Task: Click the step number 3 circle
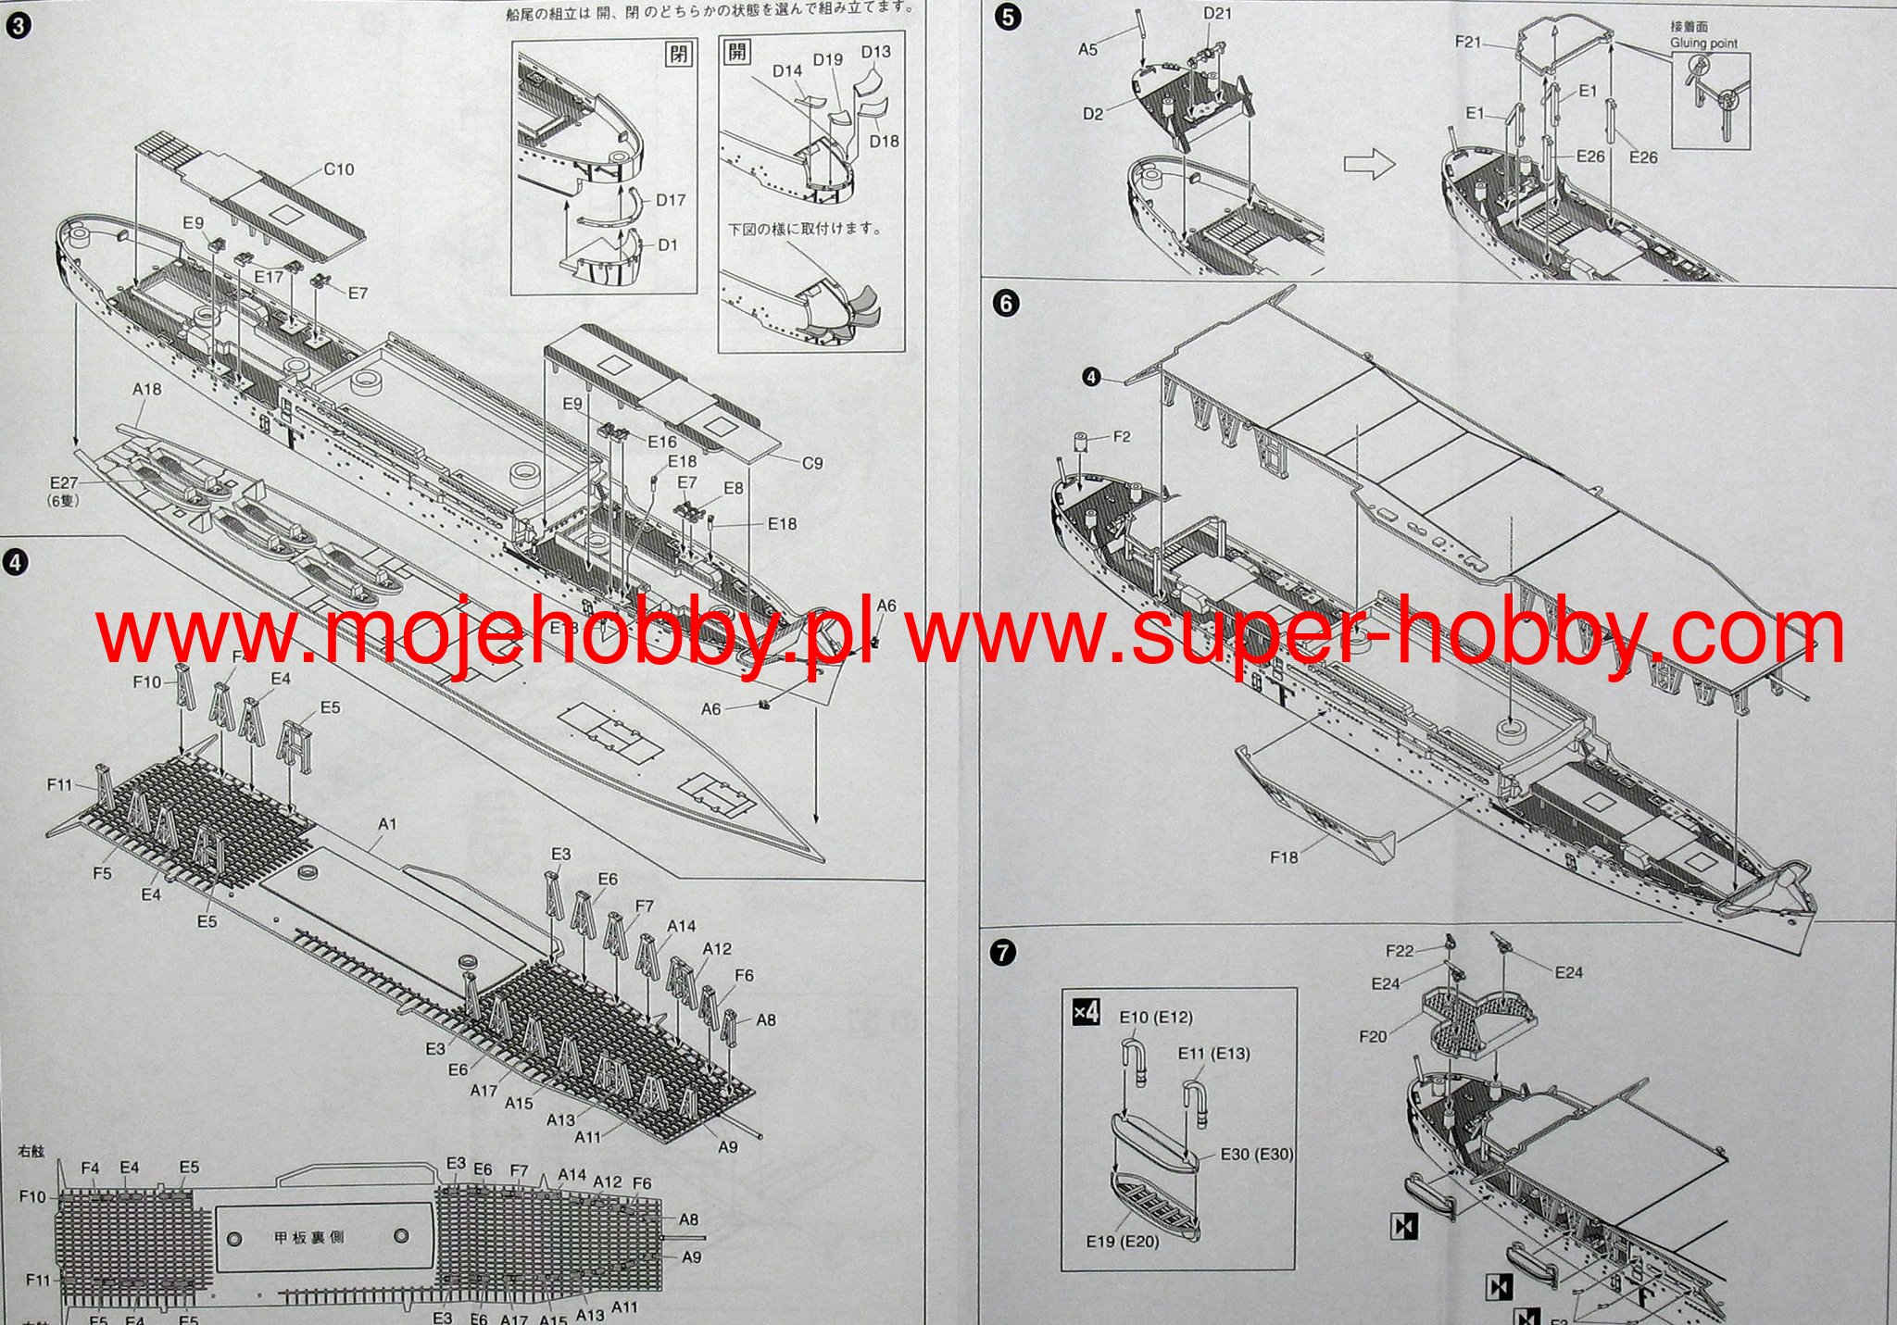click(16, 25)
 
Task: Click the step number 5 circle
click(1008, 18)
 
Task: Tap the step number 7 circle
click(1002, 953)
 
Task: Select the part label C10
click(338, 169)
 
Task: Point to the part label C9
click(811, 463)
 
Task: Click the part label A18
click(147, 389)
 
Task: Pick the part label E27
click(64, 482)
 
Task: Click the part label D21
click(1217, 13)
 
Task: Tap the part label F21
click(1469, 42)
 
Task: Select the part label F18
click(1284, 857)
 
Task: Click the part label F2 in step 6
click(1122, 436)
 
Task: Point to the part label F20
click(1373, 1036)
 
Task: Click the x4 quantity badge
click(1086, 1012)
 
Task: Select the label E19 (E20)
click(1123, 1241)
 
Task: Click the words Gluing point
click(1704, 44)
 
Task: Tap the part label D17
click(671, 200)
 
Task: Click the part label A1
click(387, 823)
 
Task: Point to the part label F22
click(1401, 951)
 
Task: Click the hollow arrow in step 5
click(1369, 165)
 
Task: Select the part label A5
click(1087, 49)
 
